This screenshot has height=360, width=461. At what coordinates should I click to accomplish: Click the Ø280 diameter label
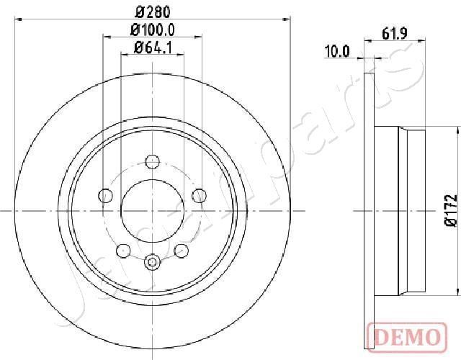[151, 12]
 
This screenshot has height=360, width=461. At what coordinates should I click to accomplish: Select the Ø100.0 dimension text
[151, 30]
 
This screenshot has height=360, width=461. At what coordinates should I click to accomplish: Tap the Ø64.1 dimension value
[151, 48]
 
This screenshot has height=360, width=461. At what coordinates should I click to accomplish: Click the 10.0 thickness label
[337, 51]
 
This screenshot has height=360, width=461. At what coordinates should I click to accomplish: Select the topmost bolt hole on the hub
[151, 161]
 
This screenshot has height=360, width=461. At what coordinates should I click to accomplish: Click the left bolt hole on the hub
[105, 195]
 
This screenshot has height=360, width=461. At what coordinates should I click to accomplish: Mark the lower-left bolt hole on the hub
[123, 250]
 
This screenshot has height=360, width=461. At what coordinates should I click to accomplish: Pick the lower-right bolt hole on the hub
[180, 250]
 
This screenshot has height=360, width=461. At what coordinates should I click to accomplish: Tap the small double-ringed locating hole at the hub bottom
[151, 262]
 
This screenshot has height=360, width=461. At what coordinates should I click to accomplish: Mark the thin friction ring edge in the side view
[371, 211]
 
